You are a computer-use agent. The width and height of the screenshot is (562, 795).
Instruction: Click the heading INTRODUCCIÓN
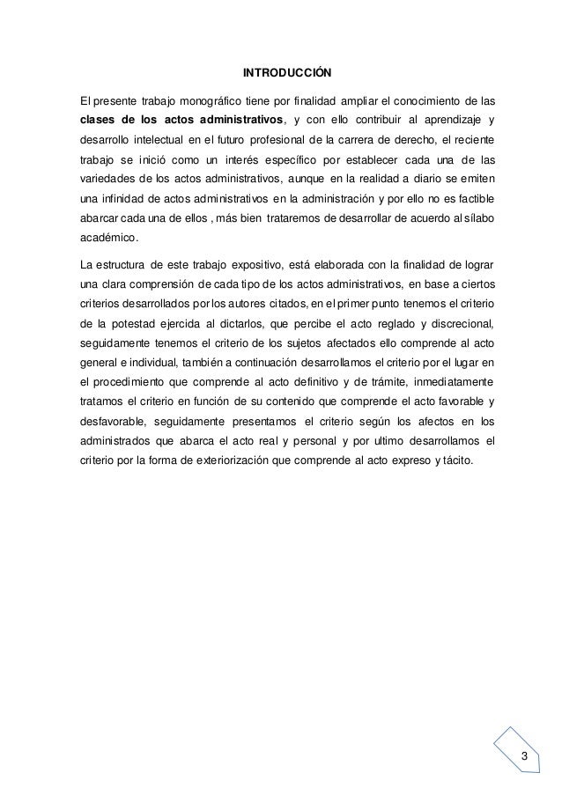[x=280, y=70]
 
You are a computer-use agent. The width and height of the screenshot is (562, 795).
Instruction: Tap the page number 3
[x=525, y=758]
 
